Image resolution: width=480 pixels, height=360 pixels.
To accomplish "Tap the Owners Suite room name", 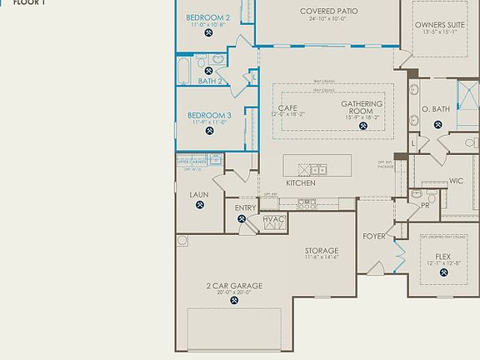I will [441, 26].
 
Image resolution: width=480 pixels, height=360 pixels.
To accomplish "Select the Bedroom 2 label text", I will [207, 17].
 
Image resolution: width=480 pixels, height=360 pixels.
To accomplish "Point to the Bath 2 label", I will [209, 81].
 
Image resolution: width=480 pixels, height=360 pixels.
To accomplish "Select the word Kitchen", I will [300, 182].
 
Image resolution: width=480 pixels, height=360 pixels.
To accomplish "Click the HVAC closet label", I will [274, 220].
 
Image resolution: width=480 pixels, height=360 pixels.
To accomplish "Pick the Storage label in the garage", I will [321, 251].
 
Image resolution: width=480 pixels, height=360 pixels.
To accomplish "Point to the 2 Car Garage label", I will [234, 286].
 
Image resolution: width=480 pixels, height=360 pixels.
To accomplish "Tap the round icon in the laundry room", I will [199, 206].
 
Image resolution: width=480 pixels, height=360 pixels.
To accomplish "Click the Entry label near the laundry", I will [246, 208].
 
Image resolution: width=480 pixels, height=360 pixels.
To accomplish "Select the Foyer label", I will [374, 236].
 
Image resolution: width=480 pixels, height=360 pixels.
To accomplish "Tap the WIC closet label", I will [456, 181].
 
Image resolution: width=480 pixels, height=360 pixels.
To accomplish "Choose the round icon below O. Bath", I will [437, 125].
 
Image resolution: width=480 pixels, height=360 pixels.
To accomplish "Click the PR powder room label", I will [426, 204].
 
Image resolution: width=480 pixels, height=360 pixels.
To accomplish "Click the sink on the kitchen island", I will [319, 170].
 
